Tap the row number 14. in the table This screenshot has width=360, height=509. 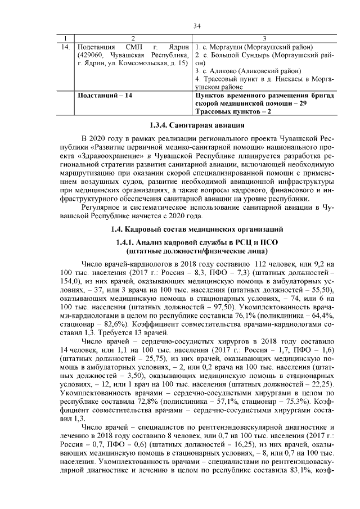(66, 46)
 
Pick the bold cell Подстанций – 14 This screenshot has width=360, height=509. (103, 96)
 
